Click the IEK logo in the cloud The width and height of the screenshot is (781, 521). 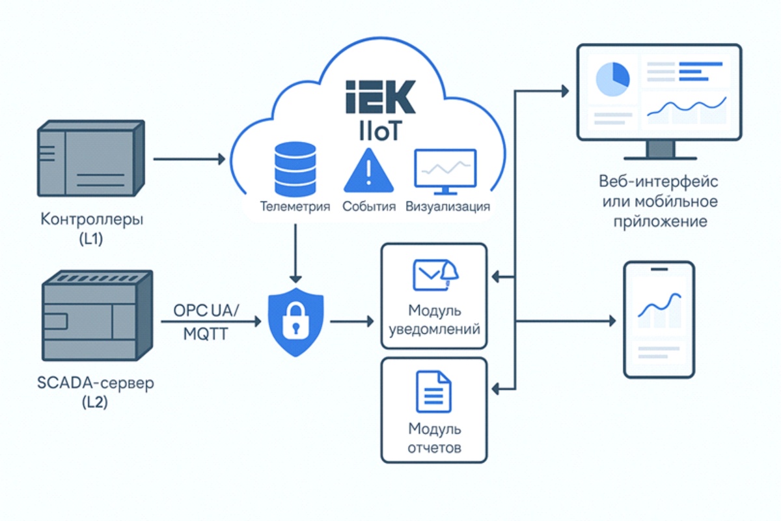click(380, 97)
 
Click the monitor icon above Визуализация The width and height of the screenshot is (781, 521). click(445, 171)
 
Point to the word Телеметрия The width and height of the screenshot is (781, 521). click(295, 207)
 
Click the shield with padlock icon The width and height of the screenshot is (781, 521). click(296, 322)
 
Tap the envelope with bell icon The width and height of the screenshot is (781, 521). click(435, 274)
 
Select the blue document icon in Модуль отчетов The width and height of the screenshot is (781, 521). click(433, 391)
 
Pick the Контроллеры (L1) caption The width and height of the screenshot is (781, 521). click(92, 229)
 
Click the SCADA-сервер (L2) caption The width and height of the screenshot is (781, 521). click(95, 392)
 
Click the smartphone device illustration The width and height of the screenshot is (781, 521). click(659, 319)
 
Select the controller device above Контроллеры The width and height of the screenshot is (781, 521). click(90, 158)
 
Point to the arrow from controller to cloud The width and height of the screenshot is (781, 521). click(189, 158)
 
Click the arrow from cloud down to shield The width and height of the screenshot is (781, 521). click(296, 251)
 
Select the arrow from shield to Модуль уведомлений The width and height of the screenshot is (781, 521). click(351, 321)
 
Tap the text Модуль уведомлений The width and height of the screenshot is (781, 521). click(434, 319)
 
